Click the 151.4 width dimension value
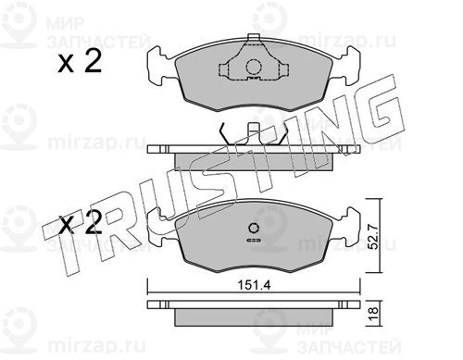point(254,285)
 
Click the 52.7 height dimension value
point(373,237)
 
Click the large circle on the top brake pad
point(254,67)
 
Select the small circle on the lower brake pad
point(254,229)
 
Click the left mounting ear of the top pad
point(160,66)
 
